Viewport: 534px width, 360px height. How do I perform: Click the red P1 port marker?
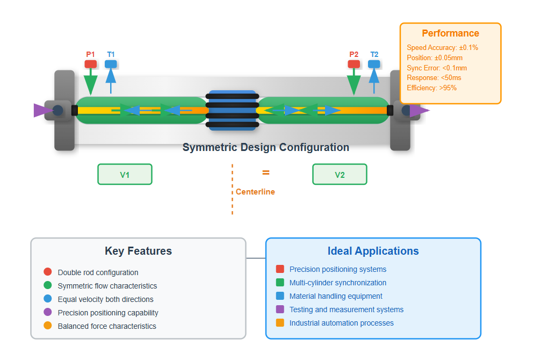(x=90, y=64)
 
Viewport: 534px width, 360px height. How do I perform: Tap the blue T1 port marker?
(x=111, y=64)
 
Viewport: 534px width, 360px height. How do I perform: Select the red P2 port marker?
(x=353, y=64)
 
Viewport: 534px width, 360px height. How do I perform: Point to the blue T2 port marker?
(x=374, y=64)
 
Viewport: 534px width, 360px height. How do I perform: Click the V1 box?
(x=125, y=175)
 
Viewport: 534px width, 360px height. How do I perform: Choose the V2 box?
(x=340, y=175)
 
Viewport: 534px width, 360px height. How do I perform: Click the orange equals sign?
(x=266, y=173)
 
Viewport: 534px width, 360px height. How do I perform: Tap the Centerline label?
(x=255, y=192)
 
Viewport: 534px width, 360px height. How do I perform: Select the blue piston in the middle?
(x=232, y=110)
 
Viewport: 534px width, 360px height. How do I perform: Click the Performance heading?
(x=450, y=33)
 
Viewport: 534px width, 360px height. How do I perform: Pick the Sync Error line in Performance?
(x=437, y=68)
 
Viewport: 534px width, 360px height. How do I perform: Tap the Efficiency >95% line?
(x=432, y=88)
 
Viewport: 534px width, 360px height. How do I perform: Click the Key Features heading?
(x=138, y=251)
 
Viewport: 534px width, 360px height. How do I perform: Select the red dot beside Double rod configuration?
(x=47, y=272)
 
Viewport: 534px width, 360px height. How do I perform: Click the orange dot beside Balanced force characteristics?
(x=47, y=326)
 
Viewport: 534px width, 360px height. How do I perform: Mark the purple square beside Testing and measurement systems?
(x=280, y=309)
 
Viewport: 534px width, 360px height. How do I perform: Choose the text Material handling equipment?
(x=336, y=296)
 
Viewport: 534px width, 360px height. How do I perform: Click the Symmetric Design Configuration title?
(x=266, y=147)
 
